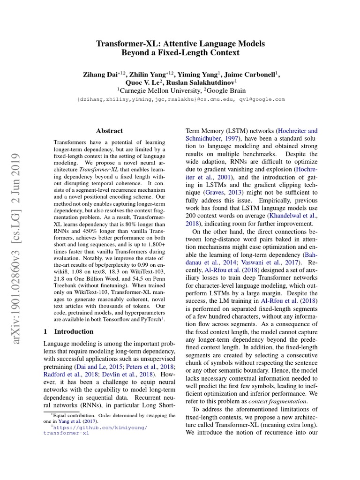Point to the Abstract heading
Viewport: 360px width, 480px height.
109,131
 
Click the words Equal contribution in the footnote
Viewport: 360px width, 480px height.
72,415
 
